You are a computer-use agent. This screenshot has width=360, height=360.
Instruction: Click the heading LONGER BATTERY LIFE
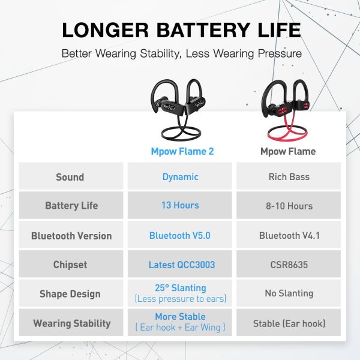[x=180, y=30]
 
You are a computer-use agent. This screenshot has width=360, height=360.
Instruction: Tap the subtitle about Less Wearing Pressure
[x=180, y=53]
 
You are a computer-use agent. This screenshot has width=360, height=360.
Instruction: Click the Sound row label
[x=70, y=177]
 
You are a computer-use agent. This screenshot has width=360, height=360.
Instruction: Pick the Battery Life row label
[x=71, y=206]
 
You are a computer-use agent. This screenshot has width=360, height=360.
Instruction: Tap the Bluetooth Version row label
[x=71, y=236]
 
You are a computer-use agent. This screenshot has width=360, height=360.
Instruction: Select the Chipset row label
[x=70, y=265]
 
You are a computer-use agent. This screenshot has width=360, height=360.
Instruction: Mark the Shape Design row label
[x=70, y=294]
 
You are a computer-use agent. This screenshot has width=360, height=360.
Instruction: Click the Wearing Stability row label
[x=71, y=323]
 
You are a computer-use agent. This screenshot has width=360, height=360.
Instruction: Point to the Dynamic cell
[x=180, y=177]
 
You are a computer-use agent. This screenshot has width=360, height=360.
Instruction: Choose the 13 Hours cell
[x=180, y=206]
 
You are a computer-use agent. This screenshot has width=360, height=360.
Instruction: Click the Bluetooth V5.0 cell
[x=180, y=236]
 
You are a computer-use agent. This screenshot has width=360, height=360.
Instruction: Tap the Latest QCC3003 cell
[x=180, y=265]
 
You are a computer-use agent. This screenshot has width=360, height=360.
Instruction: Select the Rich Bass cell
[x=289, y=177]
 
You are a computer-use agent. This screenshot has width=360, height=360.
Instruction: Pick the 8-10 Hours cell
[x=289, y=206]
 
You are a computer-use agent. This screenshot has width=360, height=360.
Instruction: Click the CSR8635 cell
[x=289, y=265]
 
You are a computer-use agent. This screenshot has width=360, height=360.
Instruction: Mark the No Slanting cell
[x=289, y=293]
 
